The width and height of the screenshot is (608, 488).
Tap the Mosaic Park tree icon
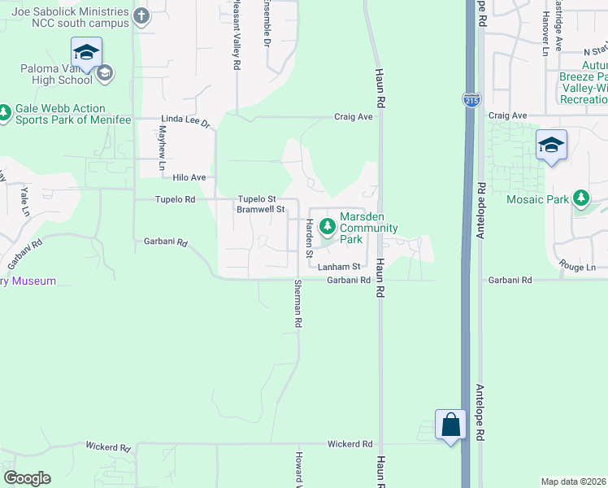[580, 198]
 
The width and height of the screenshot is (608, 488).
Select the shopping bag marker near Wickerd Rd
[450, 424]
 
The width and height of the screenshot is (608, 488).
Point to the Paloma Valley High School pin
[85, 53]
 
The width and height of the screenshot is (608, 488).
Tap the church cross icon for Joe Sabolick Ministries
[141, 15]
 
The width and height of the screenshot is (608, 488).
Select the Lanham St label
[339, 267]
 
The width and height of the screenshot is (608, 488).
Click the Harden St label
[309, 238]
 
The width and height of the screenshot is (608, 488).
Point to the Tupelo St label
[257, 198]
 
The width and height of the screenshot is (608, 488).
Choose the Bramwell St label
[260, 209]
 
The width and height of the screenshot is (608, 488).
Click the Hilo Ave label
[189, 177]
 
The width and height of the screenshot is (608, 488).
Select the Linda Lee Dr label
[185, 120]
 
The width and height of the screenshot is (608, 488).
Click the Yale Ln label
[25, 200]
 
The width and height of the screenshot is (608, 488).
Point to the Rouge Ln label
[577, 267]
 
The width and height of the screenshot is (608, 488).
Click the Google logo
[27, 477]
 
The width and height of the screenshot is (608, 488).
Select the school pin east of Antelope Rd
[551, 146]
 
